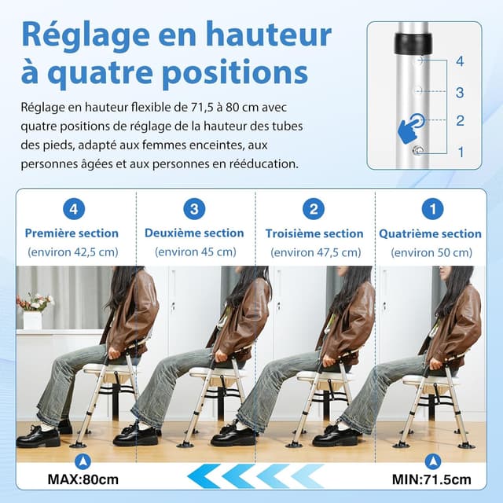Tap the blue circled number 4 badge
coord(72,209)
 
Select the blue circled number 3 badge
coord(194,209)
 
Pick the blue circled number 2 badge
coord(314,209)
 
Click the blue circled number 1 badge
coord(432,209)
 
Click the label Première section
coord(72,233)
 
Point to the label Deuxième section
coord(194,233)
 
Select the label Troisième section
coord(314,233)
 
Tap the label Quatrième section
coord(430,233)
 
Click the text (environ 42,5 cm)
coord(72,252)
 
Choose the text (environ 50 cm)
coord(431,252)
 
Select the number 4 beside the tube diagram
coord(460,61)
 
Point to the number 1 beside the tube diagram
coord(460,152)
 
